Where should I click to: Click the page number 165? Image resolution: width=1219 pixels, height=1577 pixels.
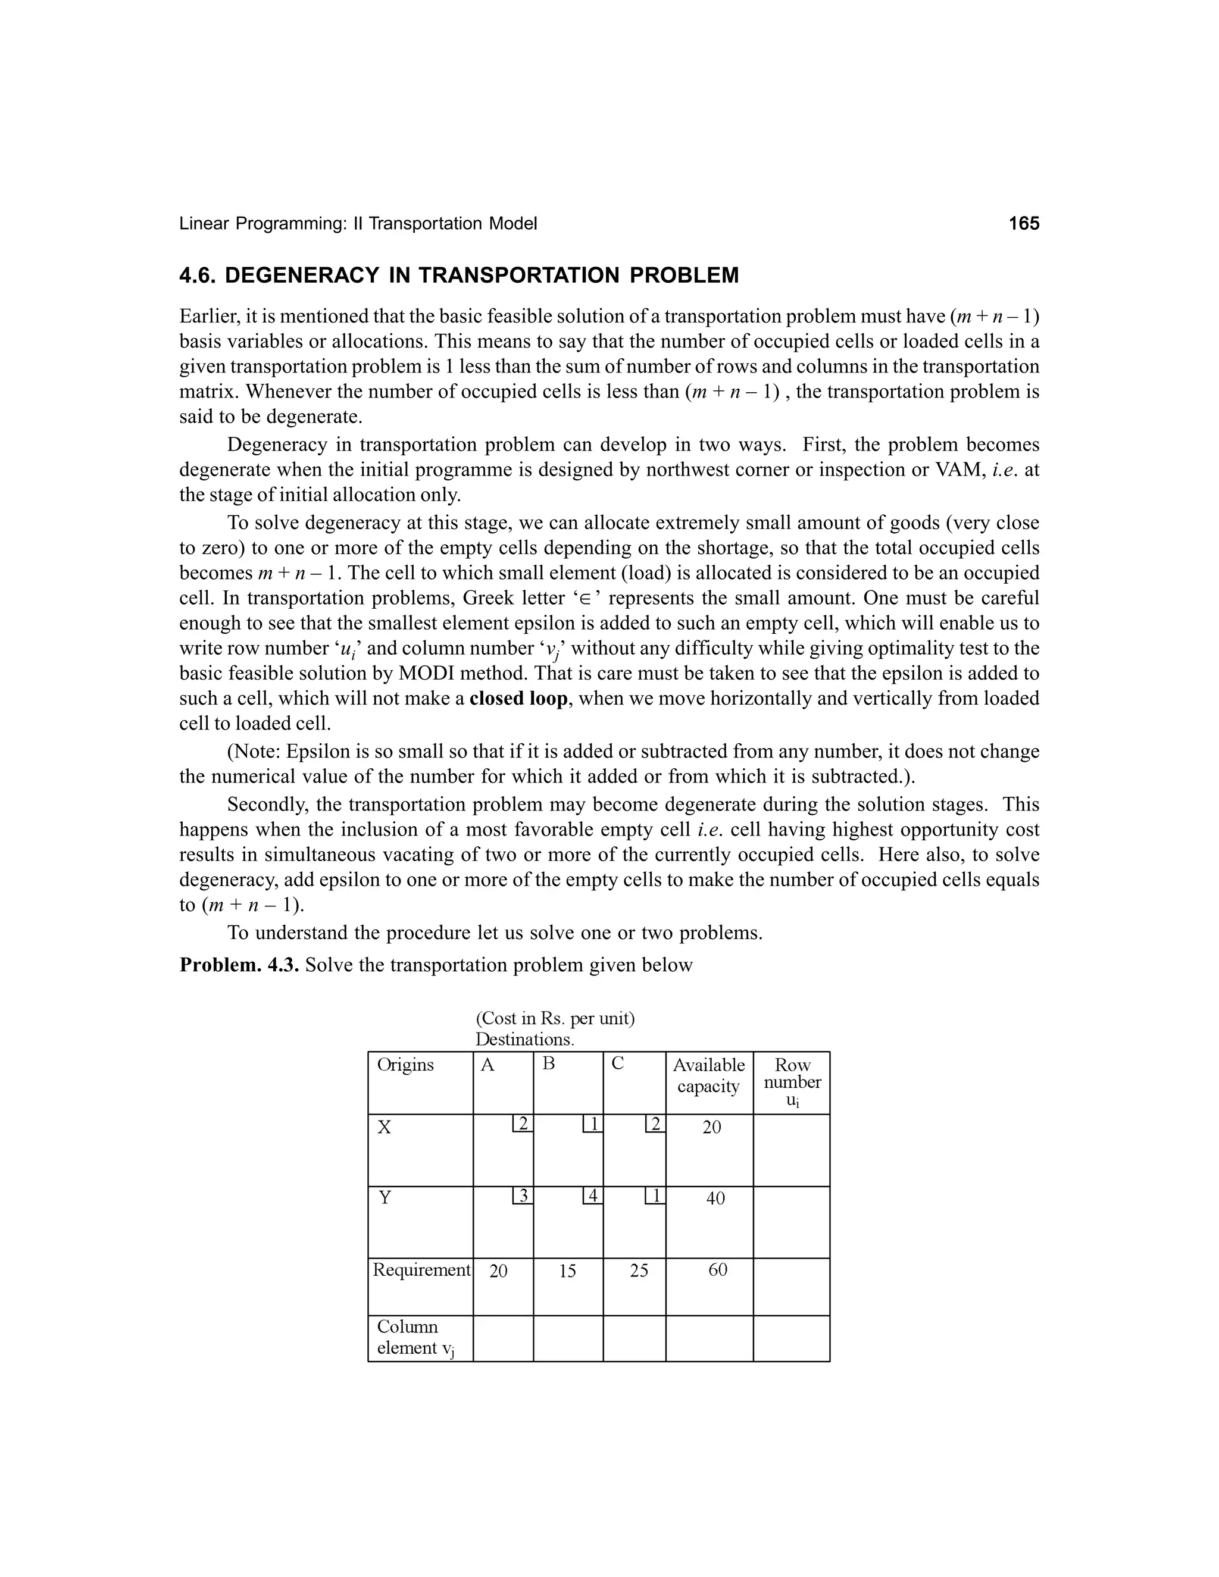coord(1023,224)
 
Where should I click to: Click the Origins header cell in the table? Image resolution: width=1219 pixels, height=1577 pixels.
coord(405,1065)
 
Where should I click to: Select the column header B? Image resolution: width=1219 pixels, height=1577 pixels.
coord(548,1063)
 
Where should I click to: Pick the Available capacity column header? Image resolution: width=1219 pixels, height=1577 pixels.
coord(708,1076)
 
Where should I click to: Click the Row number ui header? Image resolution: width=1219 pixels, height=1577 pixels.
coord(792,1082)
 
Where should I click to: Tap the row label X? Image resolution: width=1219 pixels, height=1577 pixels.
coord(384,1128)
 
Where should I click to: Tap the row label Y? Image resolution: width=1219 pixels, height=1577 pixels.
coord(385,1198)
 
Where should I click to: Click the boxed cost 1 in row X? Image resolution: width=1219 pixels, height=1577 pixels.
coord(593,1124)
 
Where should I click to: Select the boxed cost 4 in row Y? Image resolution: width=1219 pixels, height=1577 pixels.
coord(593,1196)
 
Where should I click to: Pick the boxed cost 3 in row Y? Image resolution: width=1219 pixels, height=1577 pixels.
coord(523,1196)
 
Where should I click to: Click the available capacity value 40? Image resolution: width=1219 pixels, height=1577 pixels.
coord(715,1199)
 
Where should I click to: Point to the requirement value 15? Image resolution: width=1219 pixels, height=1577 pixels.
coord(568,1271)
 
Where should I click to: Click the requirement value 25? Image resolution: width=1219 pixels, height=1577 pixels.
coord(639,1271)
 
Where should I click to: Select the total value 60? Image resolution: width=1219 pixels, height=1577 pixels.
coord(717,1270)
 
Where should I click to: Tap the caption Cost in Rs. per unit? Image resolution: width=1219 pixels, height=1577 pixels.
coord(555,1019)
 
